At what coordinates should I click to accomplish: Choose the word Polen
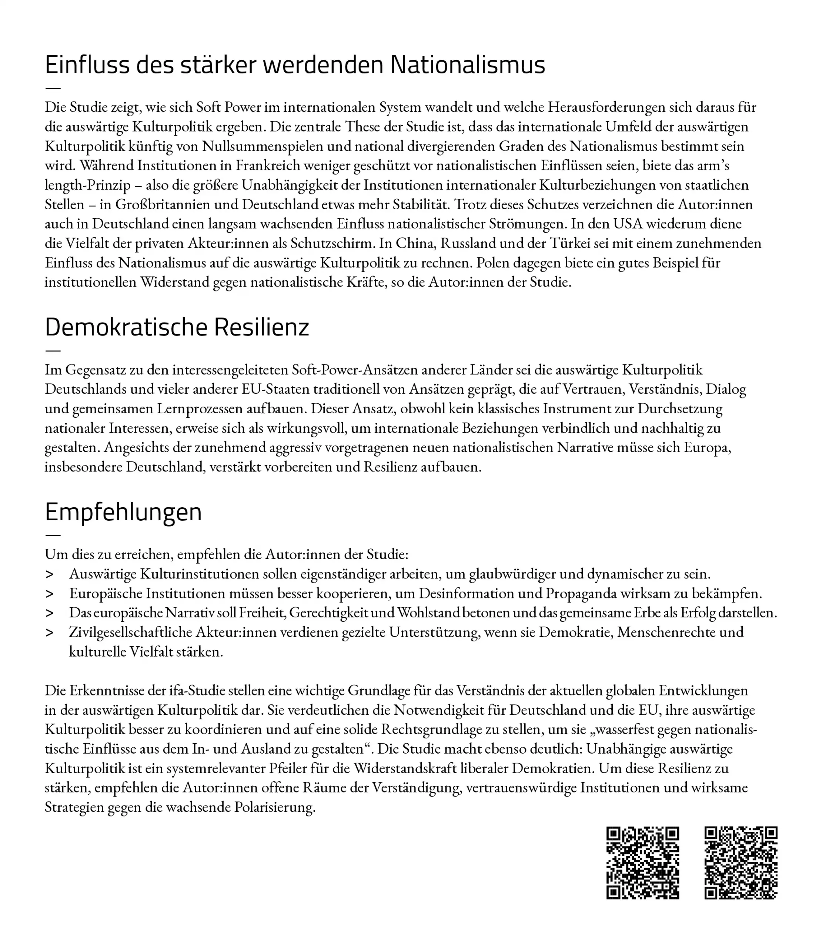(x=493, y=262)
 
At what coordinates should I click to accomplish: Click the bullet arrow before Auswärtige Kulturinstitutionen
(x=49, y=574)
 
